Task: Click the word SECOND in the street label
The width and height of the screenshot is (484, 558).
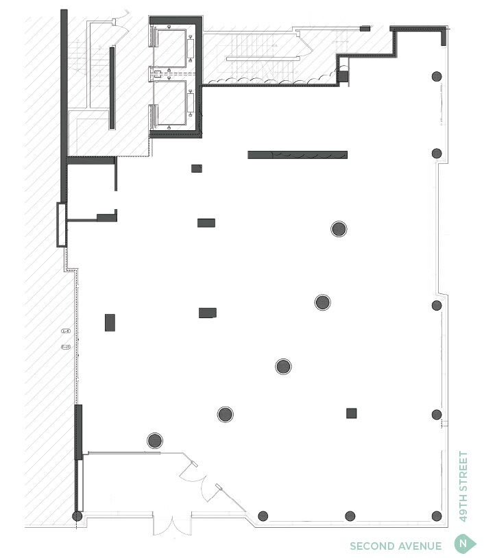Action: pyautogui.click(x=371, y=546)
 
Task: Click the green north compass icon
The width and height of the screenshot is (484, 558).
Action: pyautogui.click(x=464, y=545)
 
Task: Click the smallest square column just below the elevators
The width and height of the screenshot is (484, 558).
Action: pyautogui.click(x=197, y=169)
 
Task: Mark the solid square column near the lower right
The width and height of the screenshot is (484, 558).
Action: pyautogui.click(x=351, y=413)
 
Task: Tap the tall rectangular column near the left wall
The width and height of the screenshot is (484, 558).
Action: pyautogui.click(x=110, y=322)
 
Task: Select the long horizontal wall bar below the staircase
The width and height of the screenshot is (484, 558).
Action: pyautogui.click(x=297, y=155)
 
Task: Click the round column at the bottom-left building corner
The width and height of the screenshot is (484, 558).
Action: pyautogui.click(x=77, y=516)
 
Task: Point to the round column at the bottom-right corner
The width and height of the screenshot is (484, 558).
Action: pyautogui.click(x=436, y=516)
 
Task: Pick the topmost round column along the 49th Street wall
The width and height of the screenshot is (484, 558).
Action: pyautogui.click(x=436, y=76)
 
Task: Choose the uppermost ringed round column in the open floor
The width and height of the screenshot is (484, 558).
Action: pyautogui.click(x=339, y=229)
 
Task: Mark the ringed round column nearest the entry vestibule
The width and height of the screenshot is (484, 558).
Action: pyautogui.click(x=155, y=440)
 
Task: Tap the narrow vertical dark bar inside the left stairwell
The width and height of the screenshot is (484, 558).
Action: pyautogui.click(x=112, y=87)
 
